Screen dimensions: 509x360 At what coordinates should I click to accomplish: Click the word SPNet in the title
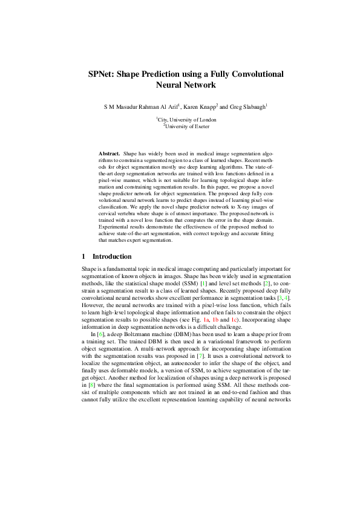[103, 74]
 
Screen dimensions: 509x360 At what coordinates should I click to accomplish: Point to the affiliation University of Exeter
[181, 126]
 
